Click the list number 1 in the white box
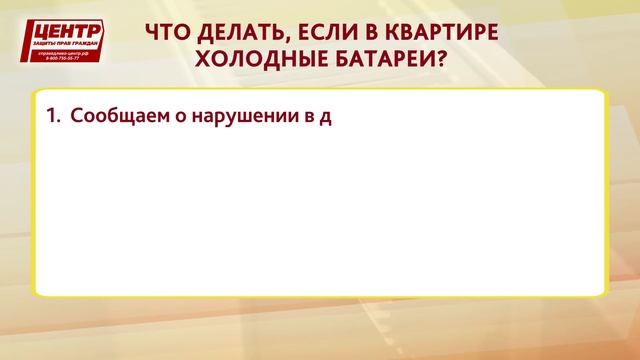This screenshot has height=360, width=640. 52,116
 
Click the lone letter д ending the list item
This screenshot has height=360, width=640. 325,117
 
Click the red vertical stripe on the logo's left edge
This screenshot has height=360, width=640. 27,42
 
